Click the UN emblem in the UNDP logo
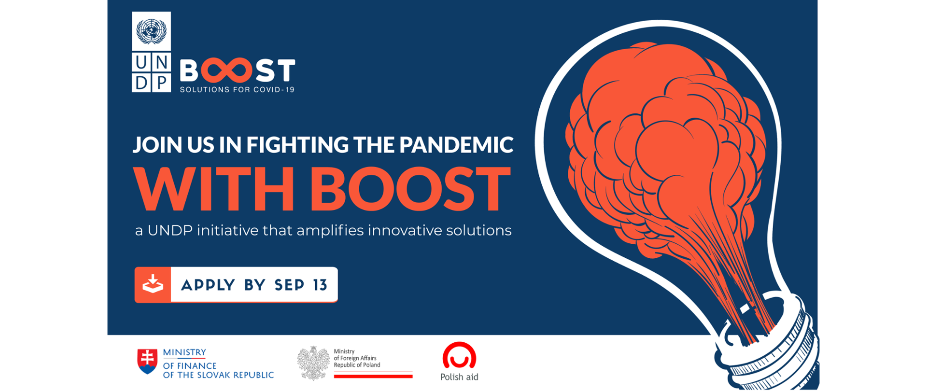[151, 31]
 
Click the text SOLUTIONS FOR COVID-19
[237, 90]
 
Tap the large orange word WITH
[214, 189]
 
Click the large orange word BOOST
[410, 189]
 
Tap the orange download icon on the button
[153, 284]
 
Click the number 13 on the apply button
[320, 285]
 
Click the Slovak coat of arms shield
[147, 362]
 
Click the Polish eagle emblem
[313, 363]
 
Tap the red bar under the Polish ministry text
[373, 376]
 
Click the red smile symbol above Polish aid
[459, 356]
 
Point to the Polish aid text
[459, 377]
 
